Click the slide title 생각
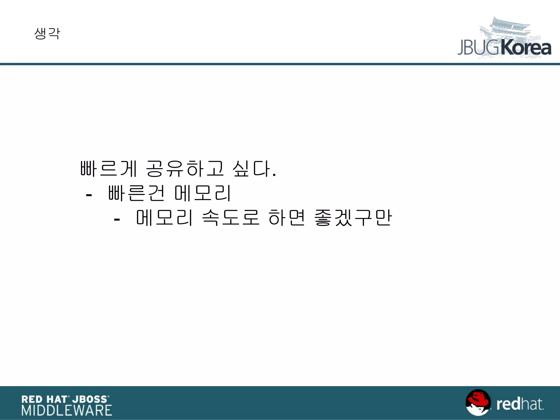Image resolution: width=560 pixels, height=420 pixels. (x=47, y=34)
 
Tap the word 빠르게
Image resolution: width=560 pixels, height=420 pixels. (x=108, y=168)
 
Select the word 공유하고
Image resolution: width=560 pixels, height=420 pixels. (x=185, y=168)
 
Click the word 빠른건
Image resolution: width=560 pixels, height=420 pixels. (x=136, y=193)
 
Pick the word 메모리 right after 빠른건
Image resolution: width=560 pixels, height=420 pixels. (x=203, y=193)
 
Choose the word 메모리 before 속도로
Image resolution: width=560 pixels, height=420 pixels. (x=164, y=218)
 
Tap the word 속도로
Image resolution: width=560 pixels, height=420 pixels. (x=231, y=218)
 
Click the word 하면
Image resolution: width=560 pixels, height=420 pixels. (x=286, y=218)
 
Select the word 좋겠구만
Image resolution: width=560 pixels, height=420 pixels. (x=353, y=218)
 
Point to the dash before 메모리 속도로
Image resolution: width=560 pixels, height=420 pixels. (x=117, y=220)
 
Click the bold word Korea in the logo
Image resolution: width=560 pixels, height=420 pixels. (x=526, y=48)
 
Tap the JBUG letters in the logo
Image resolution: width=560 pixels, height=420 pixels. (x=479, y=48)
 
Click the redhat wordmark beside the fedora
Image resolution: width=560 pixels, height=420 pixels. (x=520, y=404)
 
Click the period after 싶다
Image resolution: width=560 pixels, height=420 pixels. (x=274, y=175)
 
